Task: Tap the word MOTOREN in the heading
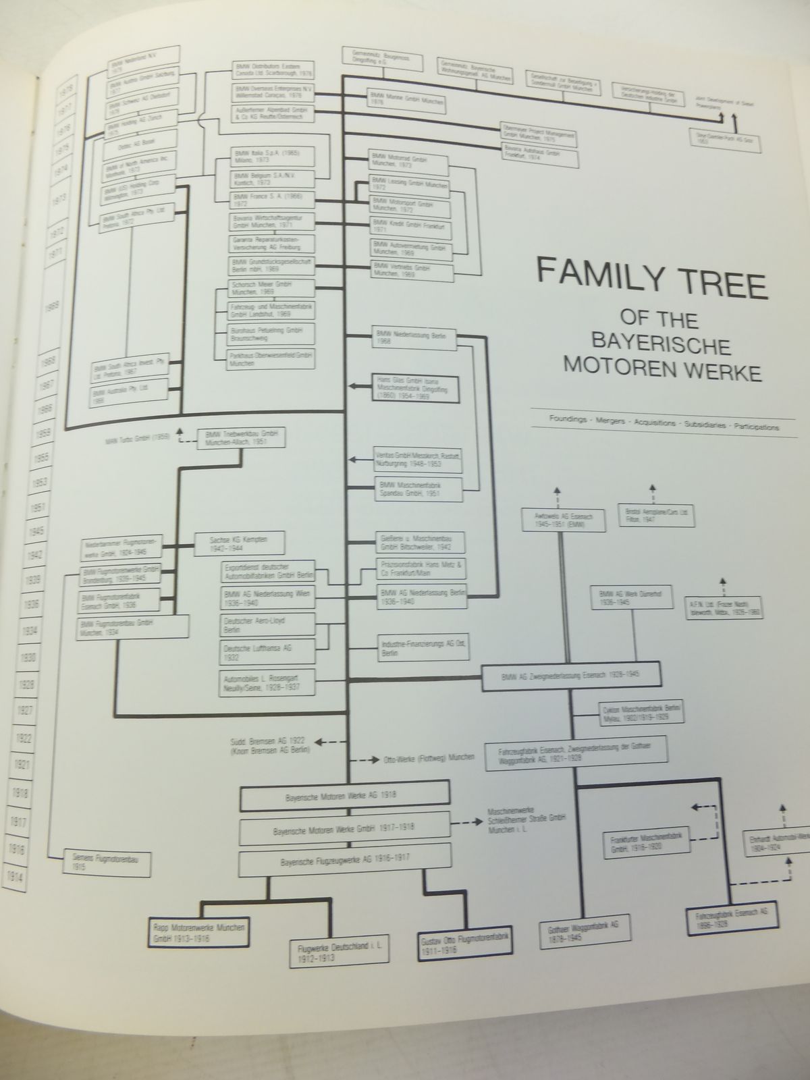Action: coord(610,369)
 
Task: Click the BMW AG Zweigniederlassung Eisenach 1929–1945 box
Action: coord(571,675)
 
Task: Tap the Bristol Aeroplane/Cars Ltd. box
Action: coord(656,515)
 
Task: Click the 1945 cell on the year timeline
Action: coord(36,532)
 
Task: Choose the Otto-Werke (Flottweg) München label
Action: coord(426,757)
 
